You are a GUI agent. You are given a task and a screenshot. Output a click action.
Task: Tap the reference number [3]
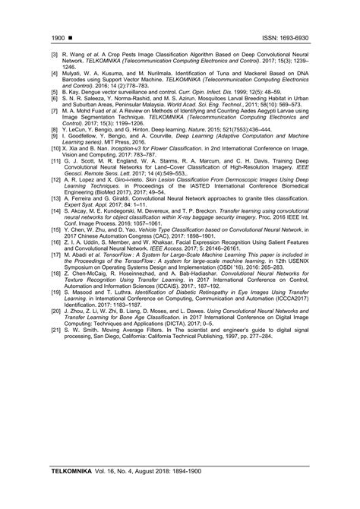[55, 55]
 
